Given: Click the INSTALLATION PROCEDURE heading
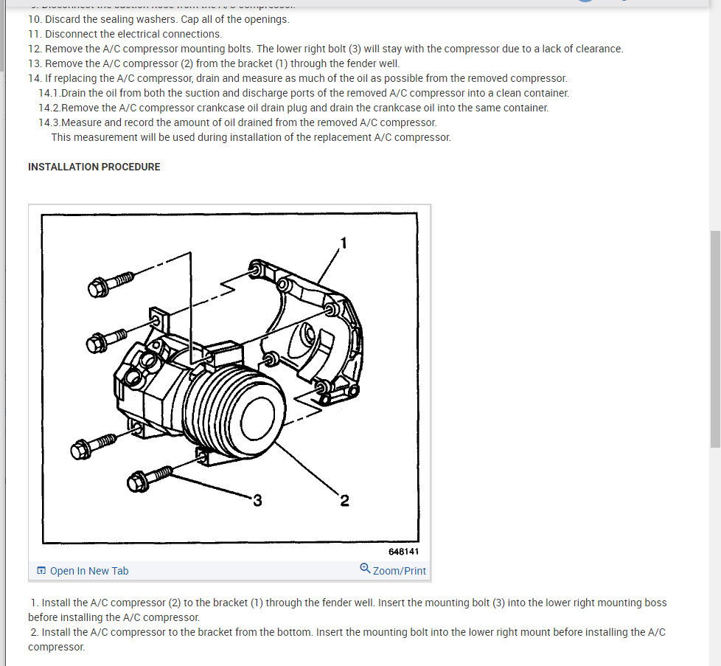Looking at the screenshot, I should tap(94, 167).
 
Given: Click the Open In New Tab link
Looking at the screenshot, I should tap(88, 571).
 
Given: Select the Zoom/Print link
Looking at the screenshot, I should tap(399, 571).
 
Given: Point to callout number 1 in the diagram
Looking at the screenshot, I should tap(343, 243).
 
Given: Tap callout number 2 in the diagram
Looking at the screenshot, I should tap(344, 502).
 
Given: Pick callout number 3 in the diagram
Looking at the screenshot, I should tap(257, 501).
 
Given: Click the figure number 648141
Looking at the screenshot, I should tap(405, 551).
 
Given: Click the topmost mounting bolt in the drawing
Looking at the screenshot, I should tap(110, 283).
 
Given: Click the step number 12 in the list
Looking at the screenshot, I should tap(35, 49).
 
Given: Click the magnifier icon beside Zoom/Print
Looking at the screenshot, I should tap(365, 569).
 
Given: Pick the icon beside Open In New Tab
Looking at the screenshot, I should tap(41, 571).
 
